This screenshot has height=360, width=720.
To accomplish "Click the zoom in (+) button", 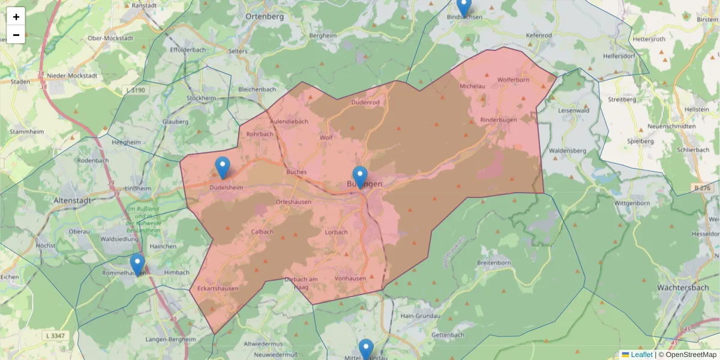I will pos(16,17).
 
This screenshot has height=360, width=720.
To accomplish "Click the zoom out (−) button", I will pos(16,35).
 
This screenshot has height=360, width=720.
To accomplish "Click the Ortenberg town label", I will pos(265,16).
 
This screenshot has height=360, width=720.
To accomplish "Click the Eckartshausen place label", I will pos(218,289).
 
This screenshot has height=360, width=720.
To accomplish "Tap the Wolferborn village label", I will pos(513,79).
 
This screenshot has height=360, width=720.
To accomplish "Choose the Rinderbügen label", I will pos(499,120).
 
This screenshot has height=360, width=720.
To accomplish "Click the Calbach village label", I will pos(262,232).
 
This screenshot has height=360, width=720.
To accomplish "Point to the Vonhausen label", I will pos(350,278).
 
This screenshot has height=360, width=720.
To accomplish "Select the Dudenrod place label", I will pos(365,103).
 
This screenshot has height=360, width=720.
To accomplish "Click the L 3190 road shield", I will pos(136,90).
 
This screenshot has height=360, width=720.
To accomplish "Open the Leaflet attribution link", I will pos(641,355).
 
